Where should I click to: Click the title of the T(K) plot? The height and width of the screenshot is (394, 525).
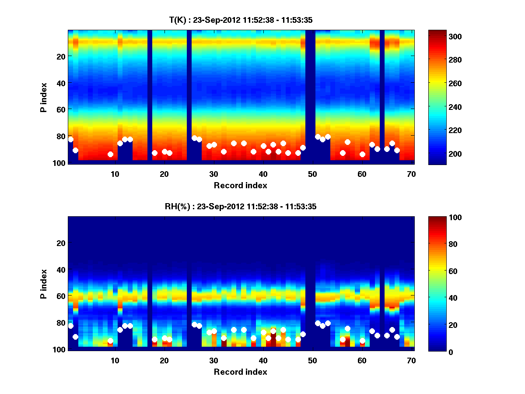pyautogui.click(x=241, y=20)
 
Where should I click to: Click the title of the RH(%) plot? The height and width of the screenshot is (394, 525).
pyautogui.click(x=241, y=207)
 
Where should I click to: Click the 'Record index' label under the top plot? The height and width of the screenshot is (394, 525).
pyautogui.click(x=241, y=185)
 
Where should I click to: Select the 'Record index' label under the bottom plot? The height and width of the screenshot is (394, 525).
pyautogui.click(x=241, y=372)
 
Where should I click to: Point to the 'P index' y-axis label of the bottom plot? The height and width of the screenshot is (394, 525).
pyautogui.click(x=43, y=284)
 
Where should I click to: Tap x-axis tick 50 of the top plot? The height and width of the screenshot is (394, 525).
pyautogui.click(x=312, y=174)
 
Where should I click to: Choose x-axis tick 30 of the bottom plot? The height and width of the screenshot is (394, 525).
pyautogui.click(x=213, y=360)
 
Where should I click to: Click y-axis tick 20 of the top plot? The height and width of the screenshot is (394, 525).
pyautogui.click(x=60, y=56)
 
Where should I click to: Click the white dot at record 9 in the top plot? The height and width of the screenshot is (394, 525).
pyautogui.click(x=110, y=154)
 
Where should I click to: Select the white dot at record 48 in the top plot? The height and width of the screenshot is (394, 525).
pyautogui.click(x=303, y=148)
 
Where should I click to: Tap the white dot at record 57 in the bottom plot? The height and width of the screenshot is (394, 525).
pyautogui.click(x=347, y=328)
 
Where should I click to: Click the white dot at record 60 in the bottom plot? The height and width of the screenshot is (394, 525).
pyautogui.click(x=362, y=341)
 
